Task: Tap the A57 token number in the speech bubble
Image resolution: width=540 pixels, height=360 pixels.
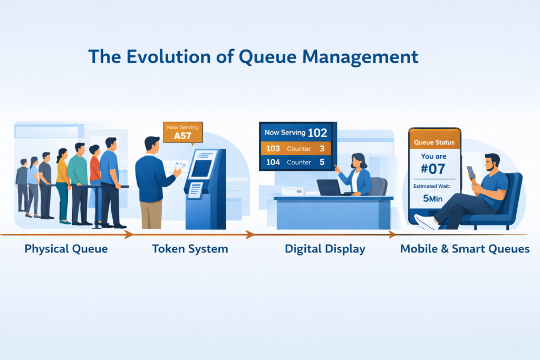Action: point(182,136)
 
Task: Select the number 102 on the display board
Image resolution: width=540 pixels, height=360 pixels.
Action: point(317,133)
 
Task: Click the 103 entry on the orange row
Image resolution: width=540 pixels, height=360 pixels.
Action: point(273,149)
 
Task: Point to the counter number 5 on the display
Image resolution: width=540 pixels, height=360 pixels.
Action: point(321,162)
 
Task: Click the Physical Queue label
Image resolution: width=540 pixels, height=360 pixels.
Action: point(66,249)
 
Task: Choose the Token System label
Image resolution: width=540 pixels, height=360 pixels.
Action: point(190,249)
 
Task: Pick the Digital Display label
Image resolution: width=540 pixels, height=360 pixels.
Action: point(325,249)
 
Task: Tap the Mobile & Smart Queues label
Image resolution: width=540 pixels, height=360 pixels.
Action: point(465,249)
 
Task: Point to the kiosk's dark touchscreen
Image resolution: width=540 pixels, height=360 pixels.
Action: point(201,168)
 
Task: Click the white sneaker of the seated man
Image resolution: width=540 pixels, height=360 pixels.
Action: point(426,221)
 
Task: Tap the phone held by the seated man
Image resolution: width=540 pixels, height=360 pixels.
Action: point(470,172)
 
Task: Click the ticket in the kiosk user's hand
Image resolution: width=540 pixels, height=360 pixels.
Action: point(180,165)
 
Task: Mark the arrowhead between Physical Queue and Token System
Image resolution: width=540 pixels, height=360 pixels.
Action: point(128,234)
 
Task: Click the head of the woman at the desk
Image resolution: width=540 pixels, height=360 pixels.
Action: point(358,160)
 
